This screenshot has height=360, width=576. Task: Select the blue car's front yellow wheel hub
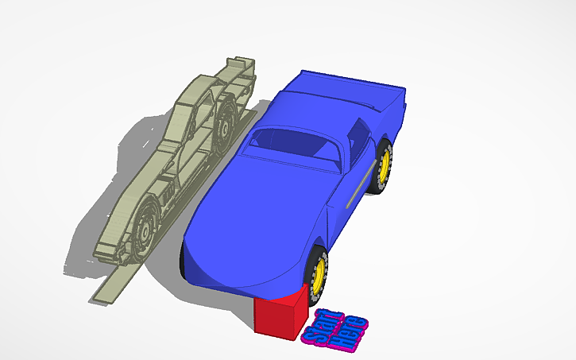pyautogui.click(x=321, y=271)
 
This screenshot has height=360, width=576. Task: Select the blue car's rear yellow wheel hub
pyautogui.click(x=385, y=164)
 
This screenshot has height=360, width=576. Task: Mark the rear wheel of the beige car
pyautogui.click(x=226, y=119)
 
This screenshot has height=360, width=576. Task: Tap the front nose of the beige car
pyautogui.click(x=107, y=250)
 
